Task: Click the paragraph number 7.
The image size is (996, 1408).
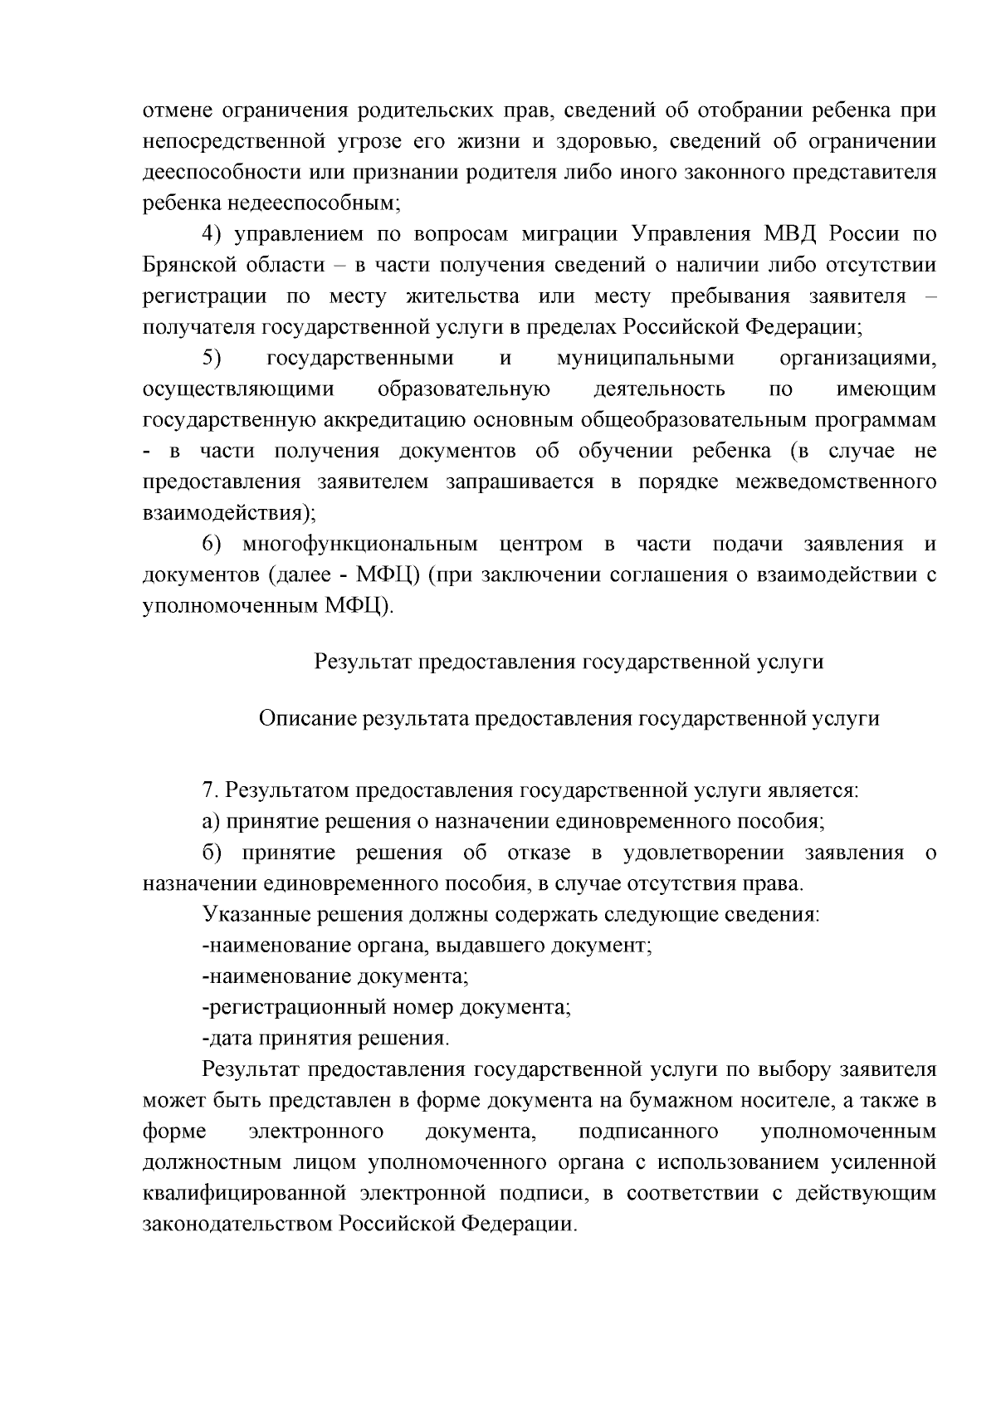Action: coord(208,790)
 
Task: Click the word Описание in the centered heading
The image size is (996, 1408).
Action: coord(306,719)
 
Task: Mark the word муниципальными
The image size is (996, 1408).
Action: coord(646,359)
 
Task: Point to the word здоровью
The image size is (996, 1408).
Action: coord(599,141)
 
